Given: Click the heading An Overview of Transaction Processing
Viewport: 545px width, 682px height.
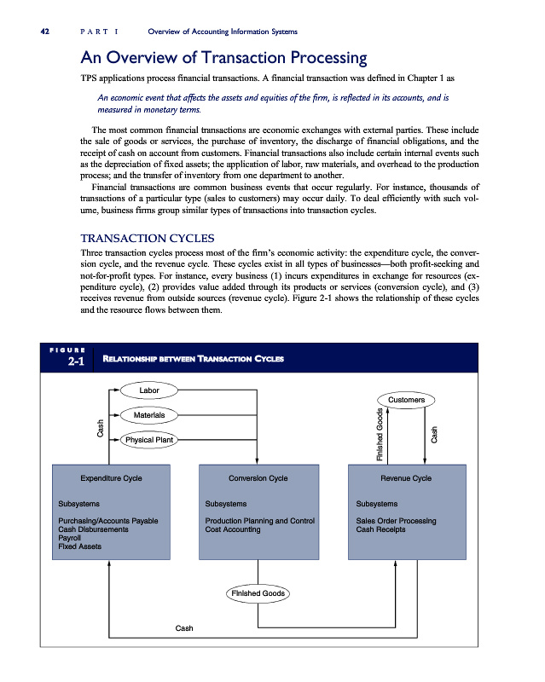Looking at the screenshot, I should click(x=223, y=59).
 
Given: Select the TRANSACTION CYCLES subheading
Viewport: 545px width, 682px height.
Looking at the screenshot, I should click(x=147, y=238).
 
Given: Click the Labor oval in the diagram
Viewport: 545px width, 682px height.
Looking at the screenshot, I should click(x=150, y=390).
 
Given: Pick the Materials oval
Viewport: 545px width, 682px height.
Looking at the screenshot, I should click(x=149, y=415).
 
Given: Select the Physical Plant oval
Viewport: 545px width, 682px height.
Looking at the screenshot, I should click(x=150, y=440).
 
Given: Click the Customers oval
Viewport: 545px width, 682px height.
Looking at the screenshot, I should click(x=406, y=399).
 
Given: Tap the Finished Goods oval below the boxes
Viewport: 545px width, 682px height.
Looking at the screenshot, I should click(x=258, y=592).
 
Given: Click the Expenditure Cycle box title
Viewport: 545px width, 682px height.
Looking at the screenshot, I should click(x=110, y=478).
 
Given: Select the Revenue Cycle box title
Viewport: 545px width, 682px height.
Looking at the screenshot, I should click(x=406, y=478).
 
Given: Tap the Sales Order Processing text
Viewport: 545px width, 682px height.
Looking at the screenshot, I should click(x=396, y=520).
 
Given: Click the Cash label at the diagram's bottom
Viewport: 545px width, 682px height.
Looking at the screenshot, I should click(x=183, y=628).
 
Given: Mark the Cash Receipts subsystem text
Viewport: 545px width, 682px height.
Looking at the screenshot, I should click(x=380, y=529).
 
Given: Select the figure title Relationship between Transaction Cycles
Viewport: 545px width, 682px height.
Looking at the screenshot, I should click(x=194, y=359).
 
